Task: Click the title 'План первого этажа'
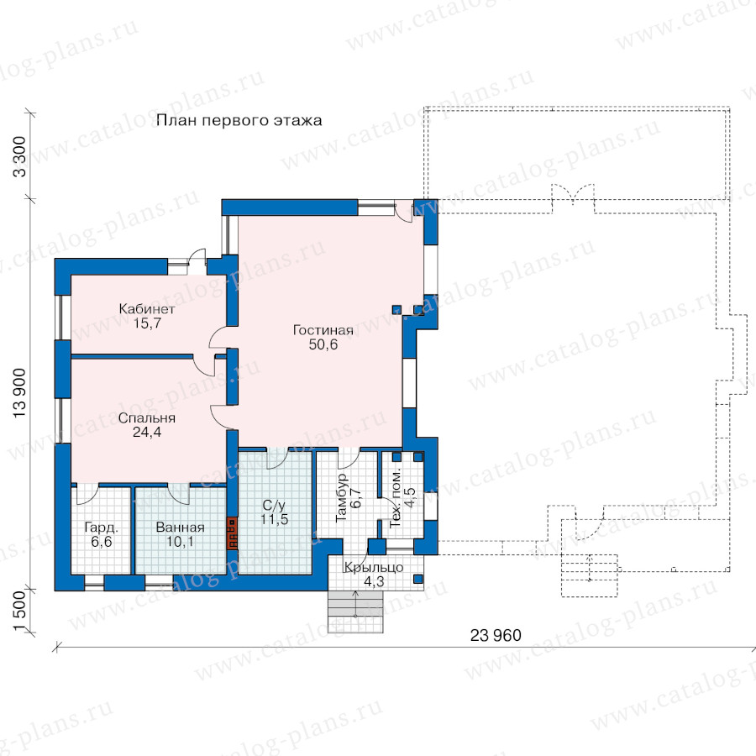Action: [239, 120]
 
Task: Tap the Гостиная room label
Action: [323, 330]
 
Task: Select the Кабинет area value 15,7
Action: [147, 323]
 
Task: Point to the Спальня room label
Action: [146, 417]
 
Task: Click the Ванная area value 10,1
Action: [180, 542]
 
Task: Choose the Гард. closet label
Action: [102, 528]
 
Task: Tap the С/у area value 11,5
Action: [275, 519]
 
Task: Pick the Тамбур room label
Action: [341, 497]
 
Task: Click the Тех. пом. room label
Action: [396, 497]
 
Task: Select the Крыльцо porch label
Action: [374, 568]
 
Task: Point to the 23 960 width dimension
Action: [496, 636]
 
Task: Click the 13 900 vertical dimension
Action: [19, 393]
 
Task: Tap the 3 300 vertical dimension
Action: [19, 157]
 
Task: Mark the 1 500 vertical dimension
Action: [19, 611]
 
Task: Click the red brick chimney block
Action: [233, 533]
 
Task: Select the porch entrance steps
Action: [355, 612]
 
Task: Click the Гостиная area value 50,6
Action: [323, 344]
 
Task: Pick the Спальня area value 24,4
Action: [146, 432]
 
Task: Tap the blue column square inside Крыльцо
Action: [418, 579]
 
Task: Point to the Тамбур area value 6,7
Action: [356, 497]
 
